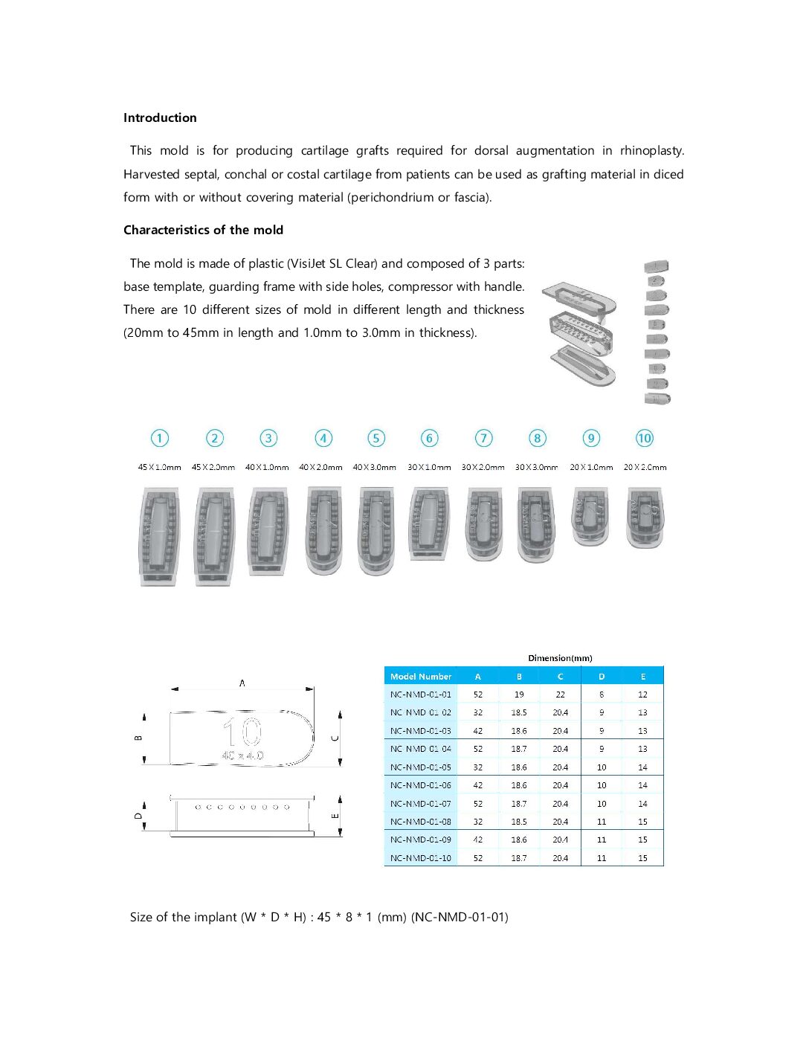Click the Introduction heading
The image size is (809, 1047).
click(160, 117)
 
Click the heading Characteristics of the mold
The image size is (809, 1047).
click(203, 230)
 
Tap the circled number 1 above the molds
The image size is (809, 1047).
click(160, 438)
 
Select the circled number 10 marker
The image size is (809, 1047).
click(644, 438)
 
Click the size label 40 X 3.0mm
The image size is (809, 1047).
click(374, 467)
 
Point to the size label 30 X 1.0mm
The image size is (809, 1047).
click(429, 467)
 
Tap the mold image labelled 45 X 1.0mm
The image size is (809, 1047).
click(160, 536)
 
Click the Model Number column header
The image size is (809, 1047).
click(421, 677)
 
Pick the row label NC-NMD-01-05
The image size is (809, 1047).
click(421, 767)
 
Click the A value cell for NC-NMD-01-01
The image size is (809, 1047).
click(478, 695)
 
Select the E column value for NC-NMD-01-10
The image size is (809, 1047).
click(642, 858)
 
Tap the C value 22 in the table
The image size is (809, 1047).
click(560, 695)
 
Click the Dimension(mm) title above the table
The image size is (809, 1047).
click(560, 658)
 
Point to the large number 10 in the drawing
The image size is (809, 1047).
click(242, 733)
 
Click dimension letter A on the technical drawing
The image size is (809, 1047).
click(242, 683)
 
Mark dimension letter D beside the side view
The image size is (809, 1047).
click(138, 816)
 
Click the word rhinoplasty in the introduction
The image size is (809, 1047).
click(651, 150)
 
